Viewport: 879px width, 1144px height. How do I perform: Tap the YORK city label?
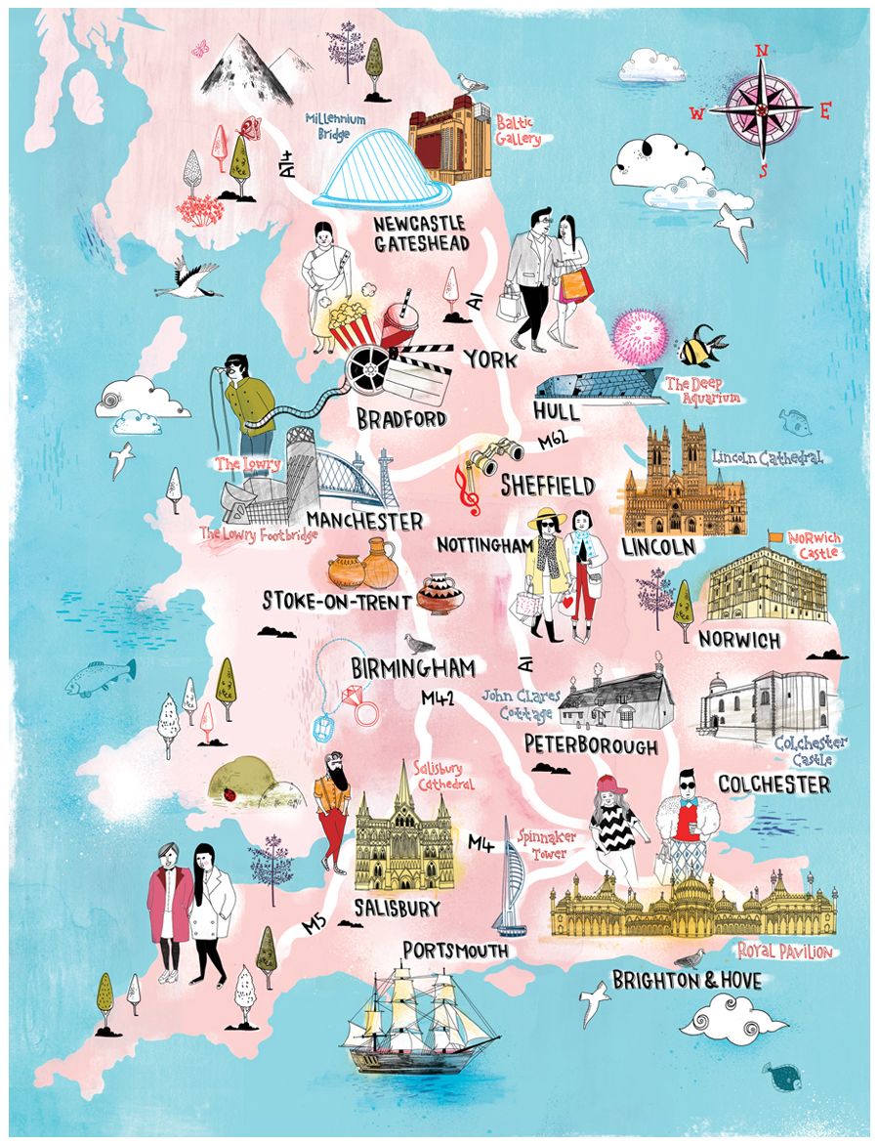click(x=490, y=360)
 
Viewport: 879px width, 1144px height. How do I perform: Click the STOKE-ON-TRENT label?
click(x=335, y=601)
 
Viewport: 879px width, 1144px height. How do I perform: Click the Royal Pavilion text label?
click(x=783, y=951)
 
